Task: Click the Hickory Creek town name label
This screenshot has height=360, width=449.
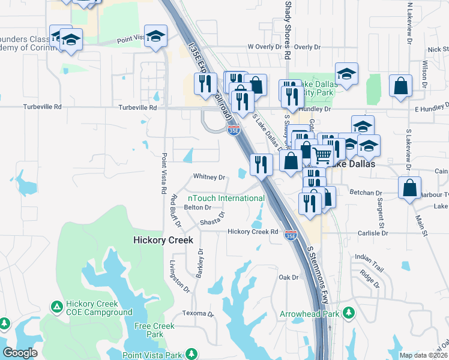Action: pyautogui.click(x=163, y=240)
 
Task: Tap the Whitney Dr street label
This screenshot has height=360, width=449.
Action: pyautogui.click(x=209, y=178)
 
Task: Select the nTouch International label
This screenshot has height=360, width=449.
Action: pyautogui.click(x=226, y=198)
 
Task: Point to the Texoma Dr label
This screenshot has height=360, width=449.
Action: pyautogui.click(x=198, y=314)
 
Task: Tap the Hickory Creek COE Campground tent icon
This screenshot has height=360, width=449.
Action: pyautogui.click(x=56, y=307)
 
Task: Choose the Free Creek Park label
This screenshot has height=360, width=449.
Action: pyautogui.click(x=154, y=330)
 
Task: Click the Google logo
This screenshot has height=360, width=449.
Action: pyautogui.click(x=20, y=353)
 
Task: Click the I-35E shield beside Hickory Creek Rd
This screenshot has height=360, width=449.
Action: pyautogui.click(x=291, y=235)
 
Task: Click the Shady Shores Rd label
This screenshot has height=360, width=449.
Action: pyautogui.click(x=288, y=29)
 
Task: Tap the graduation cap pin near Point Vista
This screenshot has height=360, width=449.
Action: pyautogui.click(x=155, y=36)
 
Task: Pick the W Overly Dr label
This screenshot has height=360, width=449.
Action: pyautogui.click(x=265, y=47)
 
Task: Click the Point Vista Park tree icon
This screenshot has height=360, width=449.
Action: pyautogui.click(x=191, y=354)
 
